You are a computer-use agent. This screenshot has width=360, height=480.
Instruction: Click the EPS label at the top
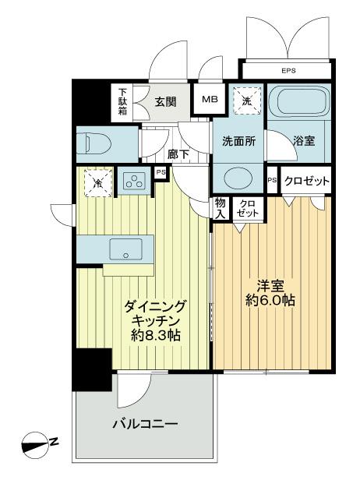coord(288,71)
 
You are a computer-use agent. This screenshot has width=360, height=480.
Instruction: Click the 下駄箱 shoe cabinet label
coord(123,100)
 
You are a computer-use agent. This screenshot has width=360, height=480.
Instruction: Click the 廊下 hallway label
coord(178,154)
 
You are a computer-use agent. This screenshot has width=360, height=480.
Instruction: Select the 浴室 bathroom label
coord(303,143)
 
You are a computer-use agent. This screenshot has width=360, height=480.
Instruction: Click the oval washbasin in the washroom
coord(237,177)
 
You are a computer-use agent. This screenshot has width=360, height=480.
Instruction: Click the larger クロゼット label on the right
coord(306,181)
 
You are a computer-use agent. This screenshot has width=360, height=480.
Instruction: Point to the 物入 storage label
coord(221,207)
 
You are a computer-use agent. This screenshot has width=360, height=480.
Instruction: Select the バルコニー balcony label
coord(145,425)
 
